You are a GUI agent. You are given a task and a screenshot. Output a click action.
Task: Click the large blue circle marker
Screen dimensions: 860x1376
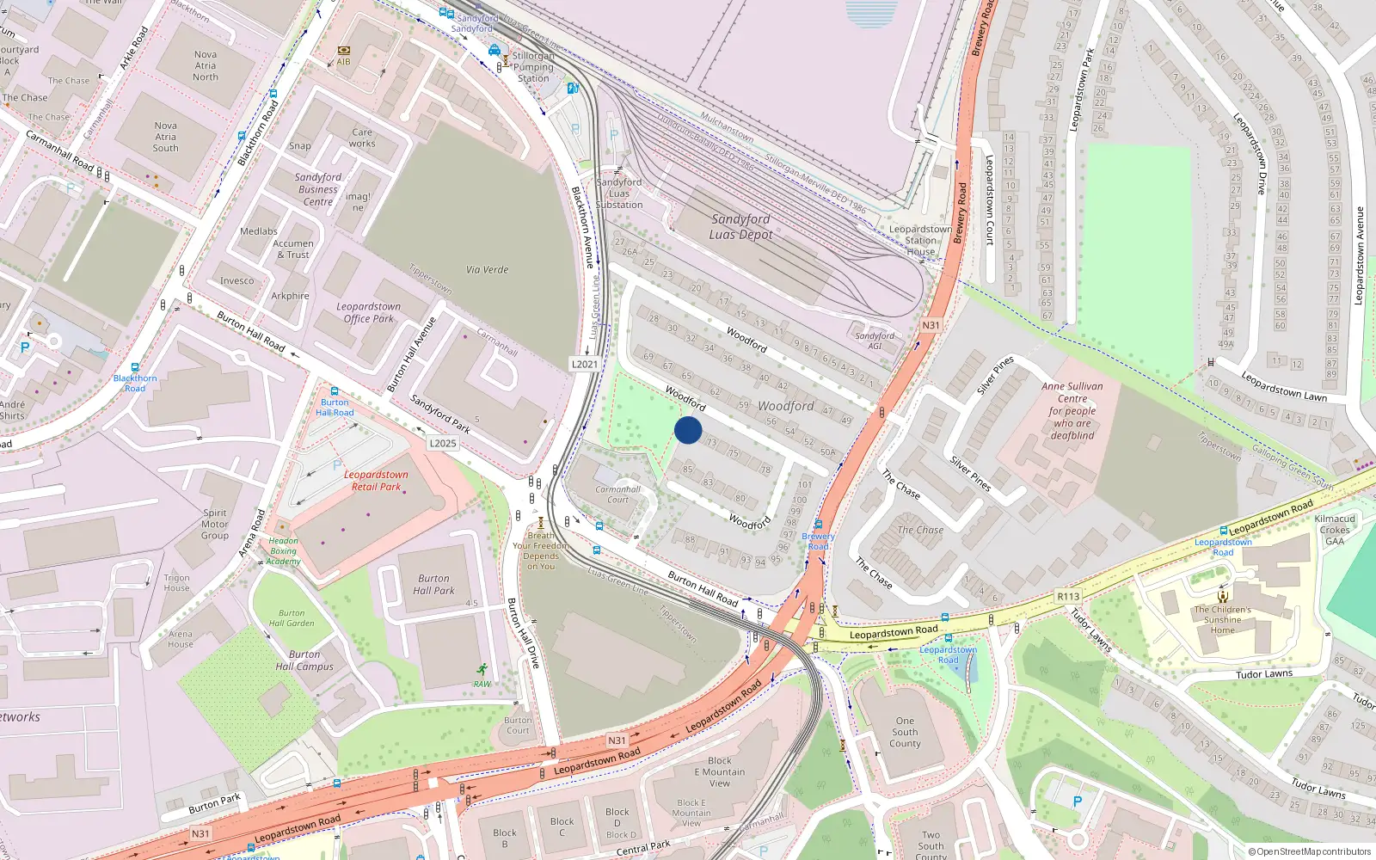pos(688,430)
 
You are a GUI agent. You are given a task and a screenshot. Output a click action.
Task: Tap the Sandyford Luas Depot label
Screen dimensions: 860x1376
pos(740,227)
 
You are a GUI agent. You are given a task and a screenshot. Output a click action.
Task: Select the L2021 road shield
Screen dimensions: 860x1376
pos(585,364)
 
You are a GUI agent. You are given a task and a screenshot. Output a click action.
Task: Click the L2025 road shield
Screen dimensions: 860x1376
pos(443,443)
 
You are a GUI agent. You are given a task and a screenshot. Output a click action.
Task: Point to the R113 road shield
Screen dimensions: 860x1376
pos(1068,596)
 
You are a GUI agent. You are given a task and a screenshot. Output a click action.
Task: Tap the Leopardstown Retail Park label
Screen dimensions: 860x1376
pos(376,481)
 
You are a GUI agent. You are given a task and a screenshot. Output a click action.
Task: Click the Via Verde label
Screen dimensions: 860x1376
pos(487,270)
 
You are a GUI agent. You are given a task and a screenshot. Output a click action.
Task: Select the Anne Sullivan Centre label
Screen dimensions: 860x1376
pos(1072,410)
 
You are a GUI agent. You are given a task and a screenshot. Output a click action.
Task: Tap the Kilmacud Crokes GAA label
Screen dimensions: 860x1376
pos(1335,530)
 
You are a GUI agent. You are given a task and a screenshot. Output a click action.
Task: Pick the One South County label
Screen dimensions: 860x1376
pos(905,732)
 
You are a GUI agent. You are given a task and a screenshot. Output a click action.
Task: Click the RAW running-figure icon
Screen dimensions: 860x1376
pos(482,670)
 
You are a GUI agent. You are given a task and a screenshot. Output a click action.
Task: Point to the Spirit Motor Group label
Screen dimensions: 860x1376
pos(215,524)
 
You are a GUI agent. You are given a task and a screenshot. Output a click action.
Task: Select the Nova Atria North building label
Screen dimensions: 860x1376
pos(206,65)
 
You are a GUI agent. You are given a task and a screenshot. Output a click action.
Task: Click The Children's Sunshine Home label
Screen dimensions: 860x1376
pos(1222,619)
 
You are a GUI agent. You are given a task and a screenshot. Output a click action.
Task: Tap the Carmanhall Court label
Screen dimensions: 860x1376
pos(617,494)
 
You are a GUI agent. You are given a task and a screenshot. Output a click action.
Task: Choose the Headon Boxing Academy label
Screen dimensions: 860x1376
pos(283,551)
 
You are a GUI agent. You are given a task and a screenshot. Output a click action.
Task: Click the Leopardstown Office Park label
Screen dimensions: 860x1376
pos(369,312)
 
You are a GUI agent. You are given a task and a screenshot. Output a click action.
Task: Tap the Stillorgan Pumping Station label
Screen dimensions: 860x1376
pos(533,67)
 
